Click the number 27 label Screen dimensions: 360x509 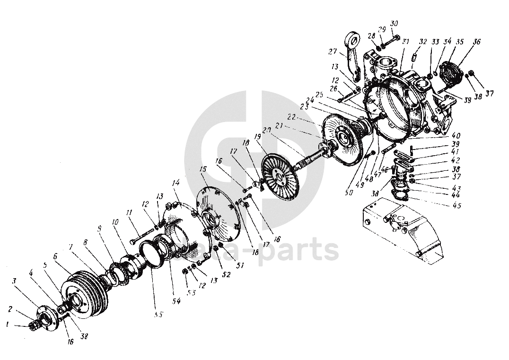333,52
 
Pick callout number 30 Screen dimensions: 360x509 394,24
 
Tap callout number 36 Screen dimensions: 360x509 476,42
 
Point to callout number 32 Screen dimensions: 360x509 423,42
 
